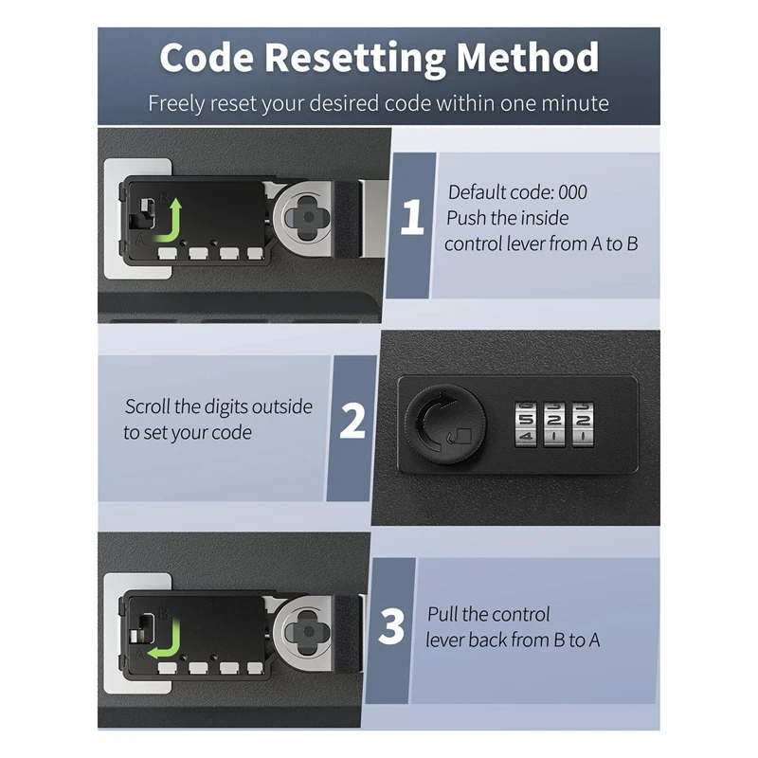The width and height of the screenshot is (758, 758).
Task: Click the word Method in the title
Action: coord(528,58)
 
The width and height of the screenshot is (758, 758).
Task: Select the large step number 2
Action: coord(352,421)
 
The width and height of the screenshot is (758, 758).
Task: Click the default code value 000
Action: coord(571,192)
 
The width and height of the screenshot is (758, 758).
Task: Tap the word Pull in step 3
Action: coord(445,615)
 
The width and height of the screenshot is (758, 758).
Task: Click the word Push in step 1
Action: coord(466,218)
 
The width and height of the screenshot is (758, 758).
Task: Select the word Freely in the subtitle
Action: coord(177,103)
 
